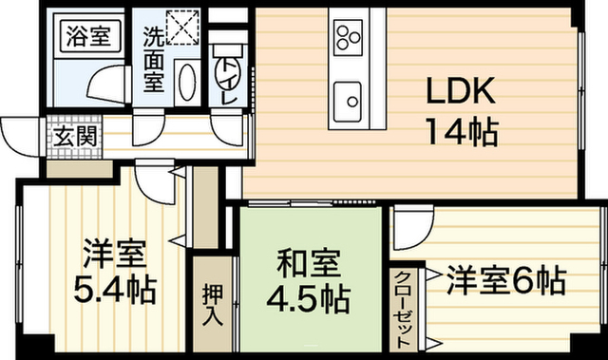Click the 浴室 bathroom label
pos(88,36)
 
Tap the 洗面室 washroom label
pos(154,59)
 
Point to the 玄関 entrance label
pos(75,136)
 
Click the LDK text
pos(461,90)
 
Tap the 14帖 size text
pos(462,132)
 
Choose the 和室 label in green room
pos(309,263)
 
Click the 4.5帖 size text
pos(308,299)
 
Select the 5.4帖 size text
pos(115,290)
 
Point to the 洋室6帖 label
pos(506,280)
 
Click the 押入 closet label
pos(213,306)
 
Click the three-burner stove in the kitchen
pos(348,37)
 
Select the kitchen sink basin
pos(348,102)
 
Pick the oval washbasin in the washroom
pos(188,83)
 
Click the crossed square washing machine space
pos(182,28)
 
